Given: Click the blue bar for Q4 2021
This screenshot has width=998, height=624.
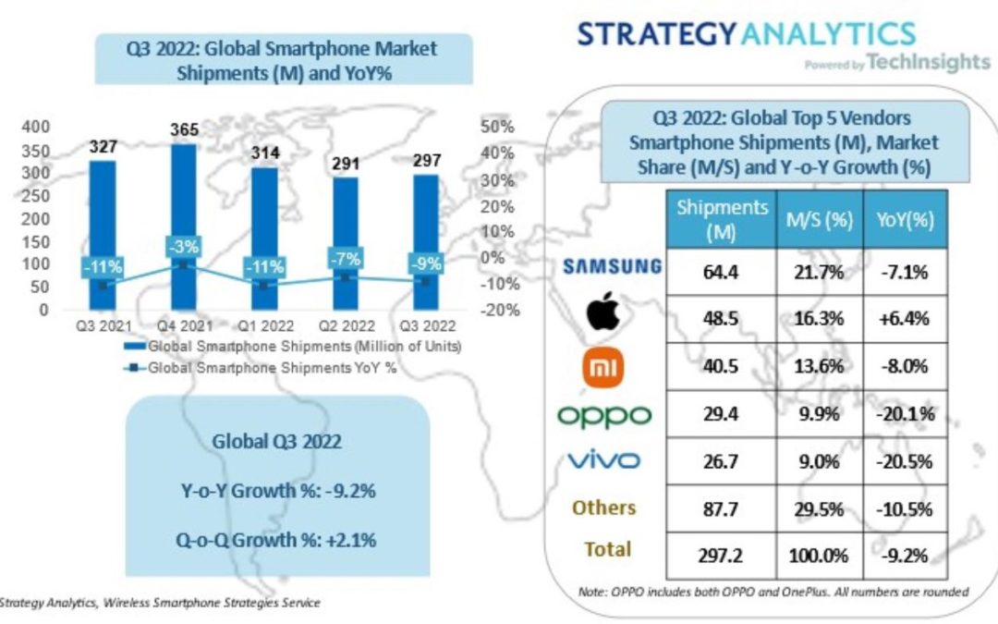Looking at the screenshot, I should [183, 203].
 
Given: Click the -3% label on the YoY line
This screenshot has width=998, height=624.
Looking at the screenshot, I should [182, 247].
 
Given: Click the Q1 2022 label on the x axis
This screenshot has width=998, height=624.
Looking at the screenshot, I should [262, 326].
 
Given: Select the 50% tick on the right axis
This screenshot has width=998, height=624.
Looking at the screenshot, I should [497, 126].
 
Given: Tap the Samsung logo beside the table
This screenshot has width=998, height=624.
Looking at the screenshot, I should [612, 267].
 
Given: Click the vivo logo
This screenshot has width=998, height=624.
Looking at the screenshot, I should [604, 459].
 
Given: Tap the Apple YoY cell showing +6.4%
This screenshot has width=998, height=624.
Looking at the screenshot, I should [905, 318].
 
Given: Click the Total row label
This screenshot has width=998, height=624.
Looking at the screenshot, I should [607, 549].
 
